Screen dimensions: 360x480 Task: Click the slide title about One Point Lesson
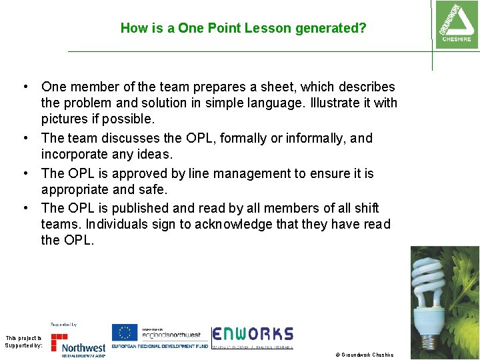tap(243, 29)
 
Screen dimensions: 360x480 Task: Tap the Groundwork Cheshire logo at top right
tap(456, 25)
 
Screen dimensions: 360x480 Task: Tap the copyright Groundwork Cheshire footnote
tap(365, 355)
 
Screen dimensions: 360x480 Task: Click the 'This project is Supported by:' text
tap(23, 341)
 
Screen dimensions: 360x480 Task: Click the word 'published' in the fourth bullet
tap(139, 208)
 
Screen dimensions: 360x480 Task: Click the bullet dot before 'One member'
tap(24, 87)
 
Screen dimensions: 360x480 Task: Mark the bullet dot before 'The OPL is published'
tap(24, 208)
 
